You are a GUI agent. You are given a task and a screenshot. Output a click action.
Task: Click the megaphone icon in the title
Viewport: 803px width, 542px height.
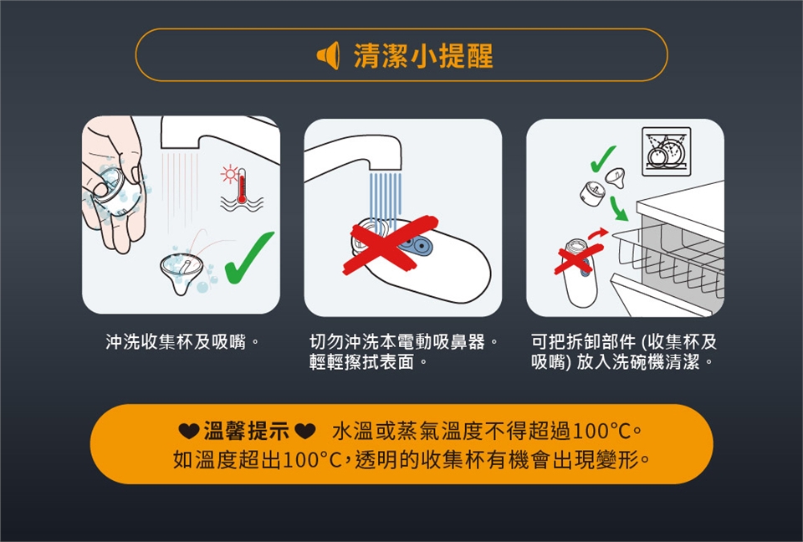328,55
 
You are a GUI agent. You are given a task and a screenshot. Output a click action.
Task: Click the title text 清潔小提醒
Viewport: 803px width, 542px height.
423,56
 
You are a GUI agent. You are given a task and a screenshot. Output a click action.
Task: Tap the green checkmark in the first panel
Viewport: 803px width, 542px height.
249,258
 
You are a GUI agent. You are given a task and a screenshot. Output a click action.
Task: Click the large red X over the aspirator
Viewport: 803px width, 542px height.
391,244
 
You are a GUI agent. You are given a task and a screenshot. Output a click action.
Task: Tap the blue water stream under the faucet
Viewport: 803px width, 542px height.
385,200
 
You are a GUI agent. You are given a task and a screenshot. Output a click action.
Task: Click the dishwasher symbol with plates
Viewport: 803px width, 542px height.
667,151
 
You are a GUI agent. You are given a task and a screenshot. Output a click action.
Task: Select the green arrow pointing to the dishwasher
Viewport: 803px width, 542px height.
619,208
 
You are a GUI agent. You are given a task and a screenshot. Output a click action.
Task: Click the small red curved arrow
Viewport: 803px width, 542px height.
597,234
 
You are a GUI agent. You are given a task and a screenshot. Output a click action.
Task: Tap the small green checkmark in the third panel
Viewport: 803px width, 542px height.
603,158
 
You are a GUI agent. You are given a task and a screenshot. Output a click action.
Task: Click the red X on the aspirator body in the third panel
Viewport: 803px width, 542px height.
578,258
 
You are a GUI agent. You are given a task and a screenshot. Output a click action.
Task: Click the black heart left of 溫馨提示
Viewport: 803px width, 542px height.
189,432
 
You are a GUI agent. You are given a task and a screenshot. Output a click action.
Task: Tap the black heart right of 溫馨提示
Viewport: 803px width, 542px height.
305,432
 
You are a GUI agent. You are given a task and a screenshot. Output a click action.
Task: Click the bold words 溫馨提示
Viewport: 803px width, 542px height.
247,432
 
